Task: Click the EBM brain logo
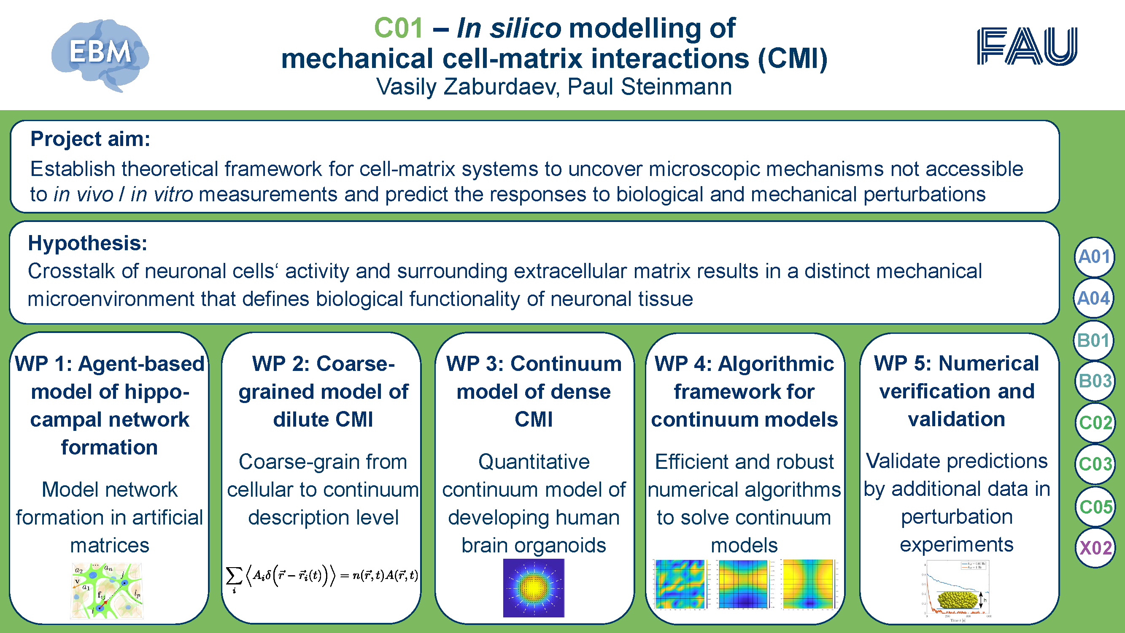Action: [100, 54]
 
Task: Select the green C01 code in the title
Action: [398, 28]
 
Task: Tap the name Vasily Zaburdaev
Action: [467, 87]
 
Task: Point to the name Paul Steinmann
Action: [650, 87]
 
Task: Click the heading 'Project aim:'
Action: [90, 139]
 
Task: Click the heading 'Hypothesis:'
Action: [87, 243]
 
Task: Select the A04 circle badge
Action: [1094, 298]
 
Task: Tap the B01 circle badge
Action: [1094, 340]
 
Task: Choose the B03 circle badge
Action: [1095, 381]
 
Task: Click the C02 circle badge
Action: [1095, 422]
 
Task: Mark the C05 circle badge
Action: [1095, 507]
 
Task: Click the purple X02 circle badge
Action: [1095, 548]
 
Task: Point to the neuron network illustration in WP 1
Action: [107, 590]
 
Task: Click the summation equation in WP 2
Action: [322, 576]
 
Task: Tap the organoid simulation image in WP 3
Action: [534, 588]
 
